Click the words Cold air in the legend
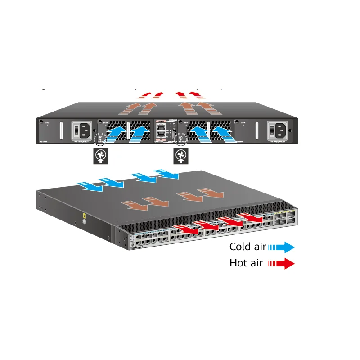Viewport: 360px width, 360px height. pos(247,247)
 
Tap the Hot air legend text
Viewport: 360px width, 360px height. pos(246,263)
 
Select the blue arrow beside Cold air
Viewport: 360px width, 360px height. pos(282,247)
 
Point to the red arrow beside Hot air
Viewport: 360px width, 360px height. pos(282,264)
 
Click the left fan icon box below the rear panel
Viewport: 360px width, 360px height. pos(100,156)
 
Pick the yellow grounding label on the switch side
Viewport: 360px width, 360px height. pos(84,216)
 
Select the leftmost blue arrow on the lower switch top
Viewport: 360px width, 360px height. pos(90,185)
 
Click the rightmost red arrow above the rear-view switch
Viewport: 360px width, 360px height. pos(196,94)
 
